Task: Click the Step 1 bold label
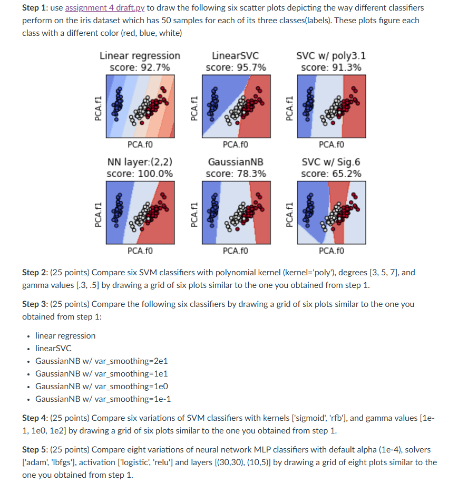coord(35,8)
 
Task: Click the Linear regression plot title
coord(140,55)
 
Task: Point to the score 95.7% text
coord(236,68)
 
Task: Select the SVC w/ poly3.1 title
coord(331,55)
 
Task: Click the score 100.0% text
coord(140,173)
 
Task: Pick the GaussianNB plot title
coord(236,162)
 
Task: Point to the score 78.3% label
coord(236,173)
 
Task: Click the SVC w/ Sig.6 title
coord(331,162)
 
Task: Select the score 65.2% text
coord(331,173)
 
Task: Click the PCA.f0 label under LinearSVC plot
coord(236,144)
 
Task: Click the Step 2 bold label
coord(35,273)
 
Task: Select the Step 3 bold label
coord(35,304)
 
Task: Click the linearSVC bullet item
coord(53,349)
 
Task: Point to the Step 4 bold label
coord(35,418)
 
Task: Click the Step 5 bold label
coord(35,450)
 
